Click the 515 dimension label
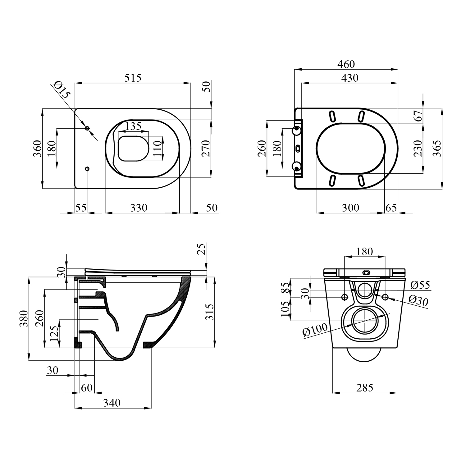pyautogui.click(x=133, y=78)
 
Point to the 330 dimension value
pyautogui.click(x=139, y=208)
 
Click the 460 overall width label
pyautogui.click(x=346, y=64)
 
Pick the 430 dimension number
pyautogui.click(x=350, y=78)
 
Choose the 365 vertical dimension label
pyautogui.click(x=437, y=148)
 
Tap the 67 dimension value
pyautogui.click(x=418, y=116)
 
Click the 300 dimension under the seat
pyautogui.click(x=350, y=208)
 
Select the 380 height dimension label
pyautogui.click(x=24, y=318)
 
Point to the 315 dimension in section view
pyautogui.click(x=210, y=312)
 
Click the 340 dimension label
pyautogui.click(x=112, y=403)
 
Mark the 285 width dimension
pyautogui.click(x=365, y=388)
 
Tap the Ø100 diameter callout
pyautogui.click(x=315, y=330)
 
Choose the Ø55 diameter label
pyautogui.click(x=420, y=285)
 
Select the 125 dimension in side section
pyautogui.click(x=54, y=334)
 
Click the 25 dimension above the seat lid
pyautogui.click(x=202, y=249)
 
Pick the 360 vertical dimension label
pyautogui.click(x=37, y=148)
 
